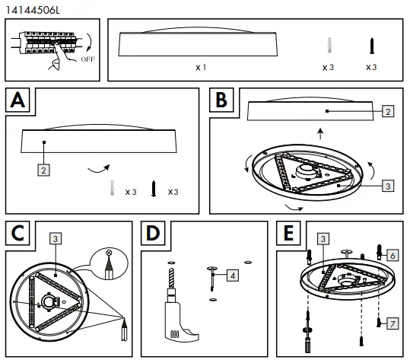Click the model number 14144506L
[x=30, y=8]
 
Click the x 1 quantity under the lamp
[x=201, y=68]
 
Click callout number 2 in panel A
[x=45, y=170]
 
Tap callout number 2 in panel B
[x=387, y=112]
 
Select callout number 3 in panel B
[x=387, y=183]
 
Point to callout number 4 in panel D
[x=233, y=275]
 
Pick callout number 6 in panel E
[x=393, y=255]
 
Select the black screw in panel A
[x=154, y=187]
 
